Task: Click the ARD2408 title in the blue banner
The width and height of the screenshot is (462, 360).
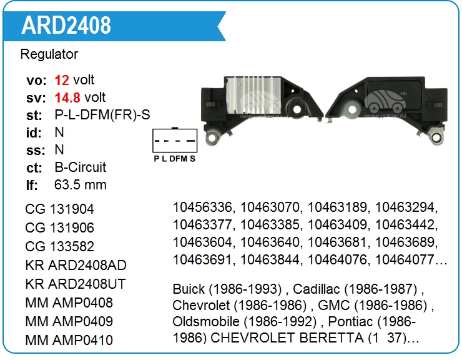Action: (66, 25)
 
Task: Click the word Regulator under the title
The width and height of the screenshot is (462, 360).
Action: (49, 54)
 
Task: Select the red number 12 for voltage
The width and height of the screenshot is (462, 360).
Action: (62, 80)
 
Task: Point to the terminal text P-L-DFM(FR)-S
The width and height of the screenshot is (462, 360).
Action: (102, 115)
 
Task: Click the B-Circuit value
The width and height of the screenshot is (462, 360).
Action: (81, 167)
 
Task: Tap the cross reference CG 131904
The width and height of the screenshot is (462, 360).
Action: (60, 209)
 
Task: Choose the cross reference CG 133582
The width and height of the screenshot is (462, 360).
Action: (60, 246)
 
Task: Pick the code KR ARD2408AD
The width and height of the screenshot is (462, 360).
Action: (76, 265)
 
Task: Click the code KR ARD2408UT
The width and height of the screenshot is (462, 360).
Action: (76, 284)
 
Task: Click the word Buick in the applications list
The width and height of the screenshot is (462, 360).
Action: (188, 289)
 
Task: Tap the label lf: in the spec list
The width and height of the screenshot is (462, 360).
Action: (32, 185)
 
